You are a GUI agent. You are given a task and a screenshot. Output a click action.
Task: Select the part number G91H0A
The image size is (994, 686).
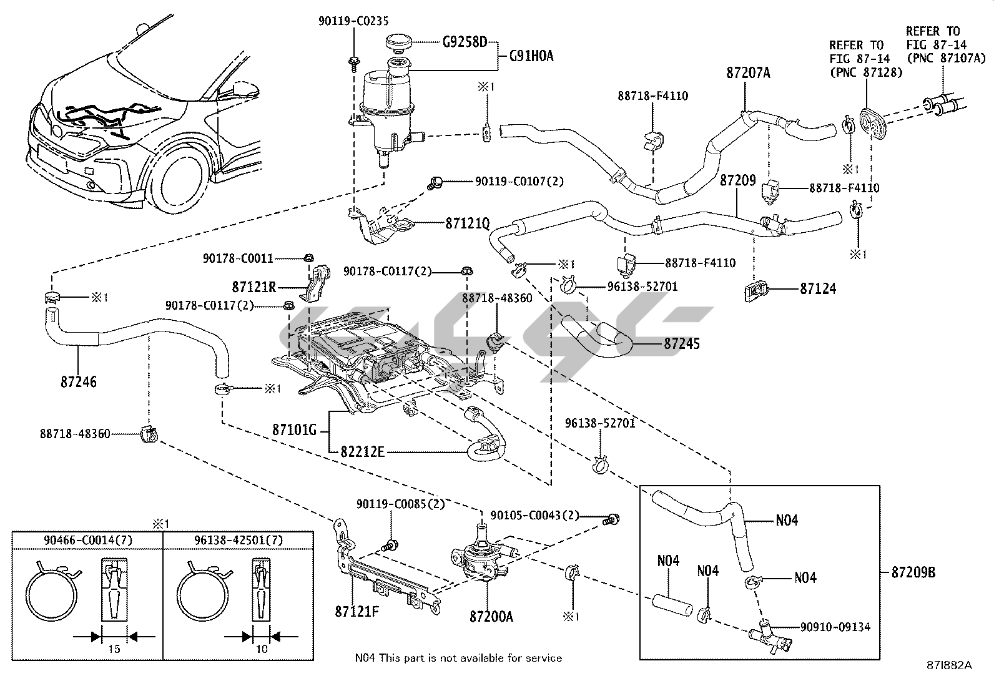[531, 56]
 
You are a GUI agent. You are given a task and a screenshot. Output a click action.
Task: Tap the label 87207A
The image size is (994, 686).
[748, 73]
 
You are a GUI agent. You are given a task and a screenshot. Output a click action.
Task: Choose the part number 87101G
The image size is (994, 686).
[295, 430]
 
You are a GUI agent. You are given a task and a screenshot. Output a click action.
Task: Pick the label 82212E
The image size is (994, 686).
[362, 451]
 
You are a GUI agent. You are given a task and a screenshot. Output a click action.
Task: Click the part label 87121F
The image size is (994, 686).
[357, 612]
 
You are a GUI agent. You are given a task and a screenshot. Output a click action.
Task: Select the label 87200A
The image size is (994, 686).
[491, 617]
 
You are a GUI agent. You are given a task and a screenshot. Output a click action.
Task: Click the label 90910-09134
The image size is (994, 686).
[835, 627]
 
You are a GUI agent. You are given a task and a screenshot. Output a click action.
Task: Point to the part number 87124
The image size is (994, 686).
[817, 289]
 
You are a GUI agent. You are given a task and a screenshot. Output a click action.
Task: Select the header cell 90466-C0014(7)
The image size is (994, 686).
[88, 540]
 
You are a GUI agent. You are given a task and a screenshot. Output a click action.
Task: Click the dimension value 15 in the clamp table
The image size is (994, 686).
[114, 649]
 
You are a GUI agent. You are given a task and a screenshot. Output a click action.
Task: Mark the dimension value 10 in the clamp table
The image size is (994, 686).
[262, 649]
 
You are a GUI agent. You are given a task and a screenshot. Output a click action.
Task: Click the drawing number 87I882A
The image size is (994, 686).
[949, 665]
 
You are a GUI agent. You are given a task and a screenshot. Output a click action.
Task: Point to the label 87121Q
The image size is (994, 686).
[467, 223]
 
